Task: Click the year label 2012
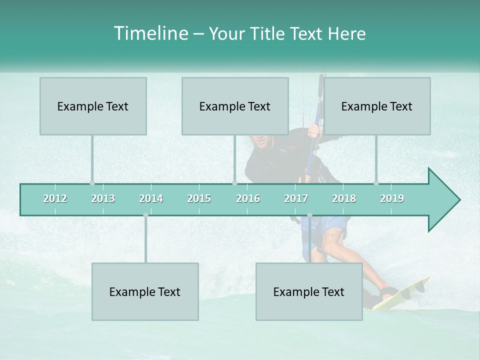(x=55, y=198)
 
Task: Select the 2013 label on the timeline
(x=103, y=198)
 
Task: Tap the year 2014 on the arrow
(x=151, y=198)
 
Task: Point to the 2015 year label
(x=199, y=198)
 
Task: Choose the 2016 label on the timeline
(x=248, y=198)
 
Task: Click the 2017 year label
(x=296, y=198)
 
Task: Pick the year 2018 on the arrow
(x=344, y=198)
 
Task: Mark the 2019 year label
(x=392, y=198)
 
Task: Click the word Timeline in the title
(x=150, y=33)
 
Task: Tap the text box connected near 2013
(x=93, y=106)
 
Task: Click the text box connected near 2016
(x=235, y=106)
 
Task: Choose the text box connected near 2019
(x=377, y=106)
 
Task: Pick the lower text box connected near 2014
(x=145, y=291)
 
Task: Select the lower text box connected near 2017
(x=309, y=291)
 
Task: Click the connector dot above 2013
(x=92, y=183)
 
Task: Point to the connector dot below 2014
(x=145, y=215)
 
